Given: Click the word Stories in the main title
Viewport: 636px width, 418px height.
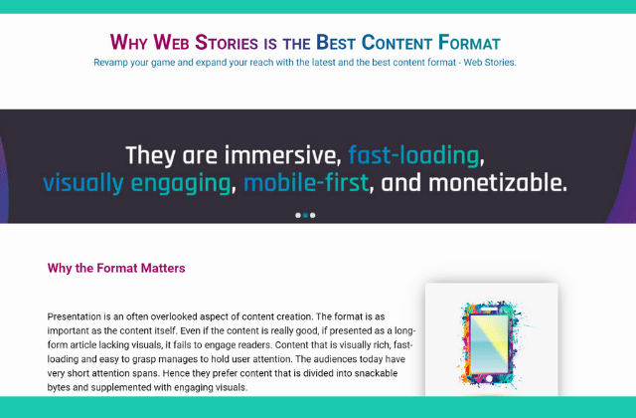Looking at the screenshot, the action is [x=227, y=43].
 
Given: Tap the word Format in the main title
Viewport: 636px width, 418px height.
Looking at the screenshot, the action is [x=469, y=43].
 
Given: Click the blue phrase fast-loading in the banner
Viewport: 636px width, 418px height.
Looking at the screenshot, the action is [x=413, y=155].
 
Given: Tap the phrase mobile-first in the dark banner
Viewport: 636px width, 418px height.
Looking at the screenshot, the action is [x=306, y=183].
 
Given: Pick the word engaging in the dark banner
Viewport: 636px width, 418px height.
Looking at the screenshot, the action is [x=181, y=183].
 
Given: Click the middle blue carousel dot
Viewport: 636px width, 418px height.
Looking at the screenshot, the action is [x=305, y=215].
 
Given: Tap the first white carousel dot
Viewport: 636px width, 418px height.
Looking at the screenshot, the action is [x=298, y=215].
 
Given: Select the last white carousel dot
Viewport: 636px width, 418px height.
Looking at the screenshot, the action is [x=312, y=215].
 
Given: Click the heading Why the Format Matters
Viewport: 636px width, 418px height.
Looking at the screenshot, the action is [x=116, y=268].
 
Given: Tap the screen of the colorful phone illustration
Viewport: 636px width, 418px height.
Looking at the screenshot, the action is [x=489, y=343].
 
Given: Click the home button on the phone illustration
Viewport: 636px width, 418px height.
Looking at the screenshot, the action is [x=489, y=379].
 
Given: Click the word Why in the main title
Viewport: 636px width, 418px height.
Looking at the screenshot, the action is [x=128, y=43].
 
